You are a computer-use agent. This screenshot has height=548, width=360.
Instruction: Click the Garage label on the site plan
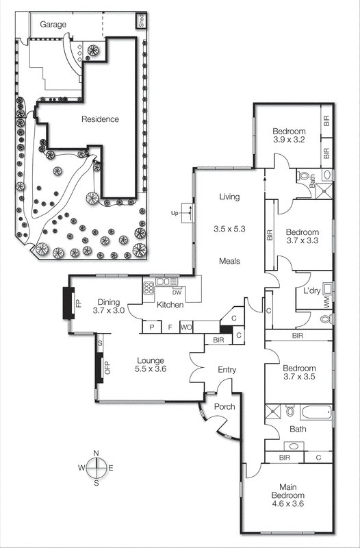click(53, 25)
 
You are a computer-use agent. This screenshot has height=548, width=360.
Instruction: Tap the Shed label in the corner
click(141, 21)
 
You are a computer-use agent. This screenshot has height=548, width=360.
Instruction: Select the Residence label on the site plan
click(100, 119)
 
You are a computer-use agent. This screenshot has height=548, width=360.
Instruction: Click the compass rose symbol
click(97, 467)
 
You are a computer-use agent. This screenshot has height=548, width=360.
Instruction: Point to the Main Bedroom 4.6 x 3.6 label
click(287, 499)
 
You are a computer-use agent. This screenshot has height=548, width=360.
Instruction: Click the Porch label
click(224, 407)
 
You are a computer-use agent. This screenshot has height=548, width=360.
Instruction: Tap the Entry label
click(227, 370)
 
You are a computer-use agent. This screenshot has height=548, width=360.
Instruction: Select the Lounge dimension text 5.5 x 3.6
click(151, 369)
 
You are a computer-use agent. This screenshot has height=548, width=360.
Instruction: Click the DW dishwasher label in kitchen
click(176, 291)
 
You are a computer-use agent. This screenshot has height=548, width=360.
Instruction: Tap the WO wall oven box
click(185, 327)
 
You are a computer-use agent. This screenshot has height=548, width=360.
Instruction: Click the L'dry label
click(313, 292)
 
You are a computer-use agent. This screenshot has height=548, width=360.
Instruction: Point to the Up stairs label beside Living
click(175, 213)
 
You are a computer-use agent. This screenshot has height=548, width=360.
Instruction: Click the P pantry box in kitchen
click(151, 327)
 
